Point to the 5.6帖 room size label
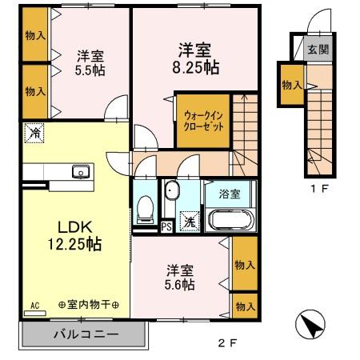(x=181, y=282)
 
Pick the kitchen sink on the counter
(x=80, y=171)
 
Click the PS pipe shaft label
(x=166, y=226)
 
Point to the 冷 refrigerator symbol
(x=34, y=133)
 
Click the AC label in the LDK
(x=34, y=306)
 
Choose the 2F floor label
(x=228, y=345)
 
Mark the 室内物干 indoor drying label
(x=89, y=306)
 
